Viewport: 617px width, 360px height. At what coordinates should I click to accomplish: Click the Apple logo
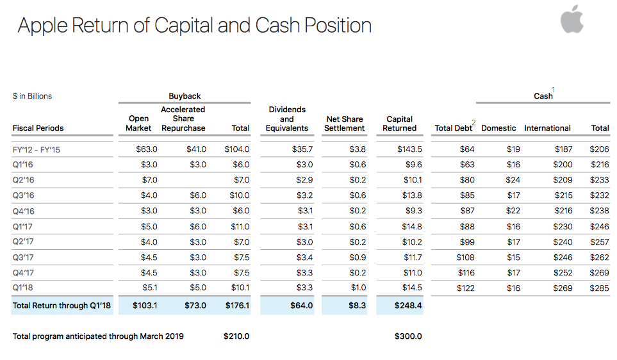[572, 19]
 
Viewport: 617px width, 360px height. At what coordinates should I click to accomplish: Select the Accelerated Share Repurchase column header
[183, 119]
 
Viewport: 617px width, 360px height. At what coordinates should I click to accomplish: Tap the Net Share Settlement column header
[344, 124]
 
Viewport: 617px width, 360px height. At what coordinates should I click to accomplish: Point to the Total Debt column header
[454, 128]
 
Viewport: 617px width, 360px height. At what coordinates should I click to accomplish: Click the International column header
[547, 128]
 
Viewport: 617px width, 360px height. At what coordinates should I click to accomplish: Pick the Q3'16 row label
[23, 195]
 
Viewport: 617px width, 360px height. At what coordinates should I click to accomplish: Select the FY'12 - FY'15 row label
[37, 149]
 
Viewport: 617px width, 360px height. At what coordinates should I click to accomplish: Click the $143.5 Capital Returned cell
[409, 149]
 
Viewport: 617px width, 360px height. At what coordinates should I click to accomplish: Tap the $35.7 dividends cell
[302, 149]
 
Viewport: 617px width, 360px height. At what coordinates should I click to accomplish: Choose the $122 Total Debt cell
[466, 288]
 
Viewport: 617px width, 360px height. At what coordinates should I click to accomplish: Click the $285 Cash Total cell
[599, 288]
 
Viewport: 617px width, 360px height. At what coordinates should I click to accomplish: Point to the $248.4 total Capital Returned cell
[408, 306]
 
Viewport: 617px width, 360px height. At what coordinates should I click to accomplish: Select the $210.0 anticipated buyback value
[236, 336]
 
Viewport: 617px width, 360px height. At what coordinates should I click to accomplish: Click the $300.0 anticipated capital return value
[408, 336]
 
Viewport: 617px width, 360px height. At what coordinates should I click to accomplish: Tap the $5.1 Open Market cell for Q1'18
[149, 288]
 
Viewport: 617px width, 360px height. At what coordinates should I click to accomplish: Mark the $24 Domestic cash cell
[513, 180]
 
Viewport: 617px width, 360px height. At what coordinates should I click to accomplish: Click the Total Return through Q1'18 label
[62, 306]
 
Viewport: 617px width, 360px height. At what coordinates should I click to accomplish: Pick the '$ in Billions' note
[32, 96]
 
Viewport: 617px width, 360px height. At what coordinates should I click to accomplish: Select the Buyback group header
[185, 96]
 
